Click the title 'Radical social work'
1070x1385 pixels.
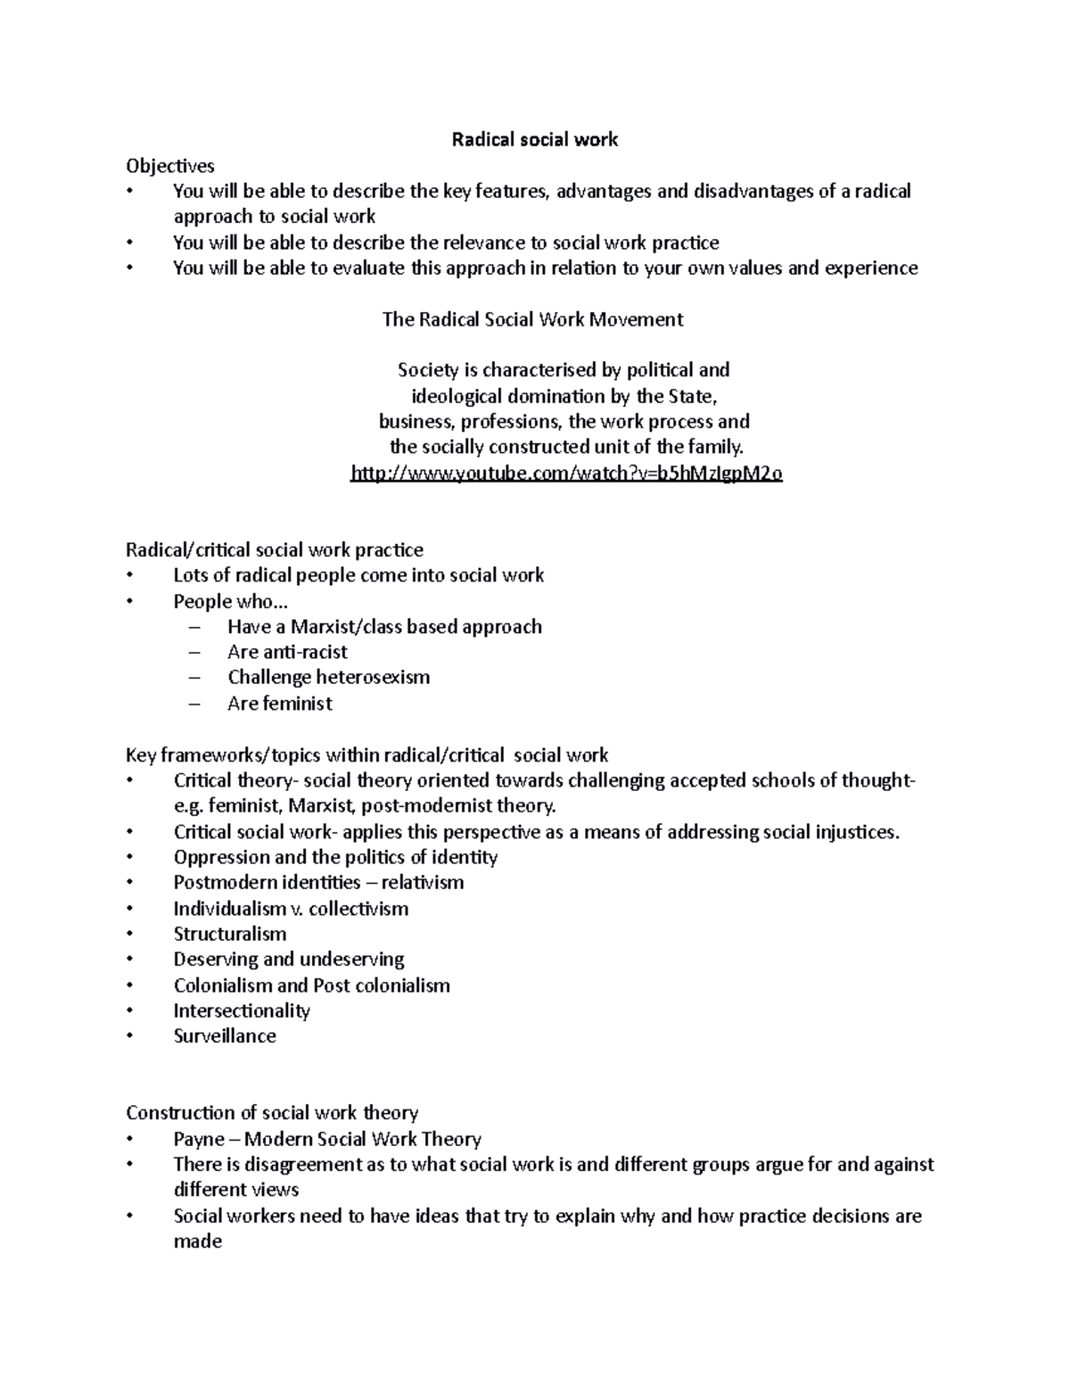[x=534, y=139]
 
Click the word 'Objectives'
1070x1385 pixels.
[x=170, y=165]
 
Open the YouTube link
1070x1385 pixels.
[x=567, y=474]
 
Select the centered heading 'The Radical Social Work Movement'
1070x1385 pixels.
[x=532, y=319]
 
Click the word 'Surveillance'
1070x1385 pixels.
[x=225, y=1036]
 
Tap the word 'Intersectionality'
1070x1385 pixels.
[x=242, y=1010]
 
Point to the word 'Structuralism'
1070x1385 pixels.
[x=230, y=934]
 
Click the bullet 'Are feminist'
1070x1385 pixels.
[x=279, y=704]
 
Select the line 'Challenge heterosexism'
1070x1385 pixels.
[x=328, y=677]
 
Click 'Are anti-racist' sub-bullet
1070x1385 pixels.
[x=287, y=652]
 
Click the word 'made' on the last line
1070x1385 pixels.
[x=197, y=1241]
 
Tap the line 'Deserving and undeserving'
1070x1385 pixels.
[x=289, y=960]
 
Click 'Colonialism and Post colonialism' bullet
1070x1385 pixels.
[x=311, y=985]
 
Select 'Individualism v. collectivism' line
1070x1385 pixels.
[x=291, y=909]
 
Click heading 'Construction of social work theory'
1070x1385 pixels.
[x=272, y=1113]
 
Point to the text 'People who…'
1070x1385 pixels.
[x=231, y=601]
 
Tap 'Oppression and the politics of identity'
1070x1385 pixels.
[x=335, y=857]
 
